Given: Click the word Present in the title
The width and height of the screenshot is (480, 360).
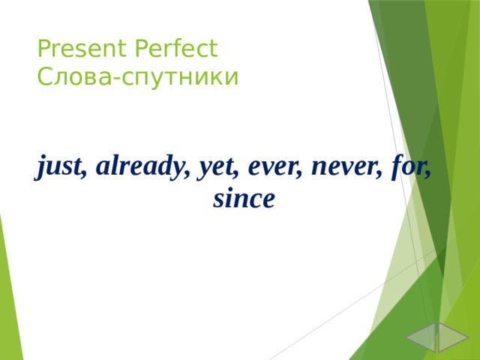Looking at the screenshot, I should pos(82,49).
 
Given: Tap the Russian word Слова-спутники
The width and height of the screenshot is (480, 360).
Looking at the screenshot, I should pos(137,76).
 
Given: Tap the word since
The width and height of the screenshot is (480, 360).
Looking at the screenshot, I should pos(244,199).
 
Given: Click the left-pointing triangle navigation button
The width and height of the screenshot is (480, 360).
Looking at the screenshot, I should pos(421,337).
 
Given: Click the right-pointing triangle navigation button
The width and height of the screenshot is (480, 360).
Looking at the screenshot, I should pos(452,337).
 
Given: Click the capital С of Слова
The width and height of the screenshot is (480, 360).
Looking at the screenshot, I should pos(43,77).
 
